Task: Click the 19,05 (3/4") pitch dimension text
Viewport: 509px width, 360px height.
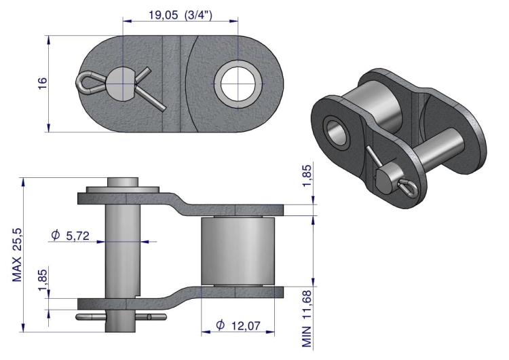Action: click(x=180, y=15)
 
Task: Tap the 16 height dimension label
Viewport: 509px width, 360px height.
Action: click(x=42, y=84)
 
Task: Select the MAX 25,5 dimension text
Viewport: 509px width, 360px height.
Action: click(x=17, y=255)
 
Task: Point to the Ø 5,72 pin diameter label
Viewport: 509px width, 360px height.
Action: click(x=70, y=235)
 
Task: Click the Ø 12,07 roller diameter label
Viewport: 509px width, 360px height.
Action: click(x=238, y=325)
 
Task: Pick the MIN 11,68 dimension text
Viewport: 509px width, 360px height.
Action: click(x=307, y=319)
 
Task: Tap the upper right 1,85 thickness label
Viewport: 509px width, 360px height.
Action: click(x=307, y=176)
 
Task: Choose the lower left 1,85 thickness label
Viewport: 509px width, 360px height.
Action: click(x=43, y=279)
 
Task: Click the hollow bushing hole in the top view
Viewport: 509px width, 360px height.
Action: click(x=238, y=84)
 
